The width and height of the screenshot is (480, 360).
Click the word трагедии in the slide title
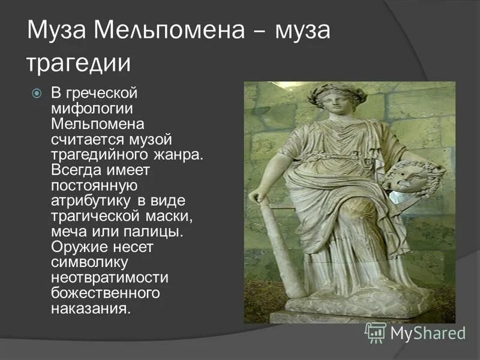[79, 64]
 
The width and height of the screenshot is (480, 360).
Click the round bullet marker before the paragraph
[37, 93]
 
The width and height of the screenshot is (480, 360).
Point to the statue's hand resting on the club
[257, 196]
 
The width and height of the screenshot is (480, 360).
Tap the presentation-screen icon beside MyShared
[376, 332]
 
